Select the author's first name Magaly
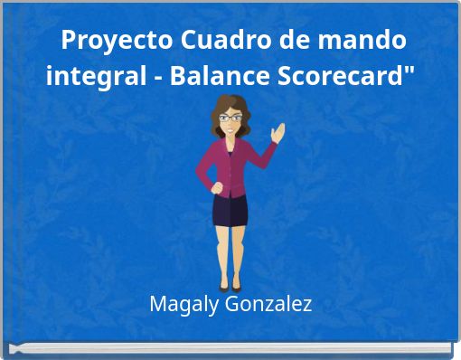tap(179, 304)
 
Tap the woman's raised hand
tap(279, 135)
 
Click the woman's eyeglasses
tap(230, 118)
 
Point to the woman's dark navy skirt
tap(230, 209)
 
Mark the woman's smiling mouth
tap(231, 129)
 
